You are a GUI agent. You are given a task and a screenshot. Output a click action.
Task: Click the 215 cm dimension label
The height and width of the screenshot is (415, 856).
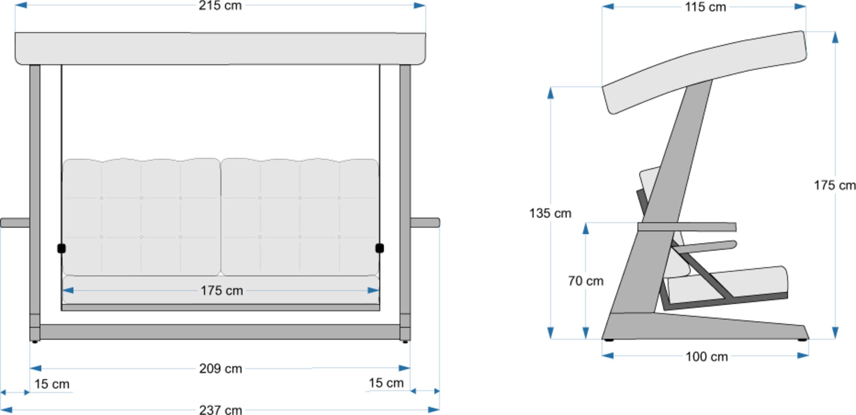pyautogui.click(x=220, y=6)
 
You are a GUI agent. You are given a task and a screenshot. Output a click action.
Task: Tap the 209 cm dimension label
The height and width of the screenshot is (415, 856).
pyautogui.click(x=221, y=368)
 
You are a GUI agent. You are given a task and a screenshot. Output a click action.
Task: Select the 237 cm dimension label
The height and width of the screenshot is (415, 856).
pyautogui.click(x=221, y=409)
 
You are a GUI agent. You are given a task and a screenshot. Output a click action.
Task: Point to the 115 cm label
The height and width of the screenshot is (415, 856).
pyautogui.click(x=705, y=7)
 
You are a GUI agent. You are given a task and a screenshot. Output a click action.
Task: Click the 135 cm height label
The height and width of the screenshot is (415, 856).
pyautogui.click(x=550, y=213)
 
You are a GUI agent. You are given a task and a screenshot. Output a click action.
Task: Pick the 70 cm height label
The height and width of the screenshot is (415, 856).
pyautogui.click(x=586, y=281)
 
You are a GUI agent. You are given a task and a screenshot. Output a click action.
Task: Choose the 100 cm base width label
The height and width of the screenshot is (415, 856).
pyautogui.click(x=706, y=357)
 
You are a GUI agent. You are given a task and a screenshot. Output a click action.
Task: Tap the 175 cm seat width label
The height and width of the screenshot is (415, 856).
pyautogui.click(x=221, y=291)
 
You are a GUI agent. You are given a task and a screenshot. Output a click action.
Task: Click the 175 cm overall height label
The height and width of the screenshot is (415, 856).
pyautogui.click(x=835, y=185)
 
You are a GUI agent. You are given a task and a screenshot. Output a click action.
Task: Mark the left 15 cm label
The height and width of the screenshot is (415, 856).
pyautogui.click(x=51, y=384)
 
